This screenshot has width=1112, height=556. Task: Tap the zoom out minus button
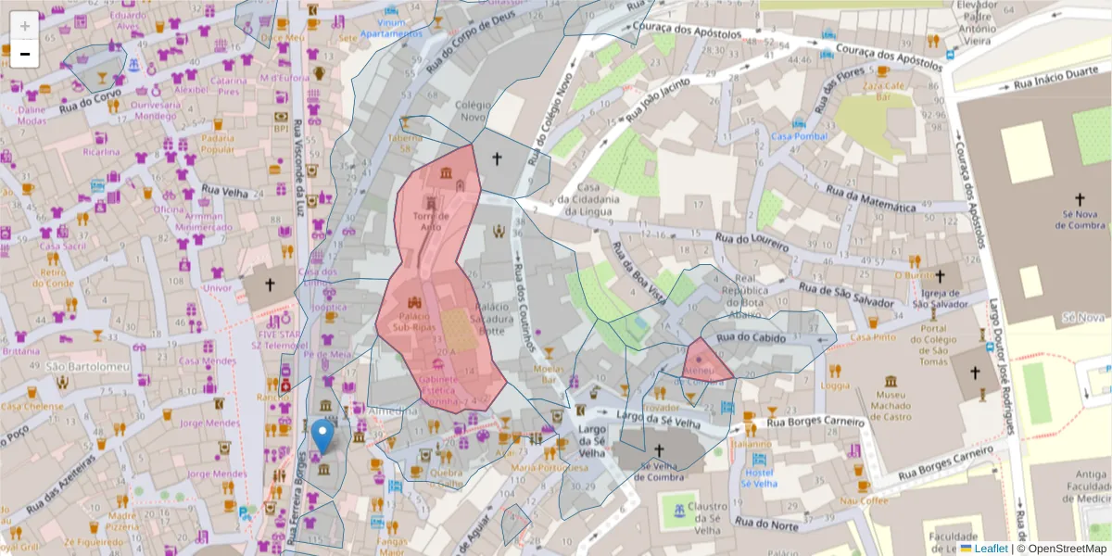pos(25,54)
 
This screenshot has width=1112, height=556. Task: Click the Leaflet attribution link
pos(990,549)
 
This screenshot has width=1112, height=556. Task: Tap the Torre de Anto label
pos(432,221)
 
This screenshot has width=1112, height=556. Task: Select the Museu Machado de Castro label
pos(891,406)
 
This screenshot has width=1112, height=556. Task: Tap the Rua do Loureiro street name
pos(751,243)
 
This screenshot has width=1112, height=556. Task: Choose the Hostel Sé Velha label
pos(760,478)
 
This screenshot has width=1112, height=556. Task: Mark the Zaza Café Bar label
pos(882,90)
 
